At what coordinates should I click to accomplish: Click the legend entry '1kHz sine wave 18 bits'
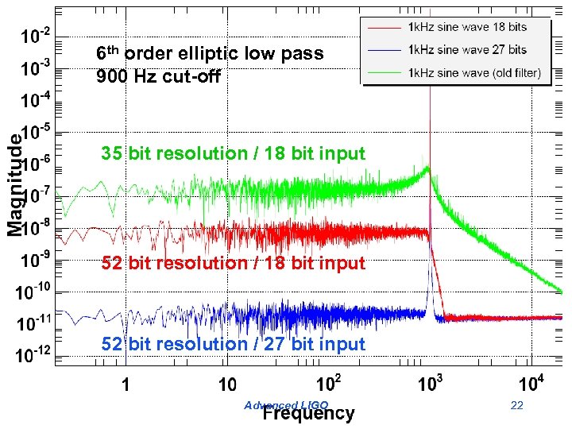coord(467,27)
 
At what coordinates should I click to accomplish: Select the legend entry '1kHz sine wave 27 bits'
coord(467,49)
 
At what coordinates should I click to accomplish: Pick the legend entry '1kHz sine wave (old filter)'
coord(474,72)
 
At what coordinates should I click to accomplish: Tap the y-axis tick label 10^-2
coord(36,36)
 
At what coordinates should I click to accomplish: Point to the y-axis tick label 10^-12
coord(34,354)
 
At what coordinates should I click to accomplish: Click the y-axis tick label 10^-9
coord(36,259)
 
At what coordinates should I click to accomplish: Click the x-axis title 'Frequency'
coord(308,413)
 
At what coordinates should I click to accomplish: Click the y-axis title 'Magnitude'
coord(15,184)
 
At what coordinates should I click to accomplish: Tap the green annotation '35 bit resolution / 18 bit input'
coord(233,153)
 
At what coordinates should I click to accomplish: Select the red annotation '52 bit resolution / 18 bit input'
coord(233,263)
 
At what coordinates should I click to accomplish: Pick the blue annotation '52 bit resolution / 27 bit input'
coord(233,344)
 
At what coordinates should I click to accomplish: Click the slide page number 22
coord(517,406)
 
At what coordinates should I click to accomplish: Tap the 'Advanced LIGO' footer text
coord(286,405)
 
